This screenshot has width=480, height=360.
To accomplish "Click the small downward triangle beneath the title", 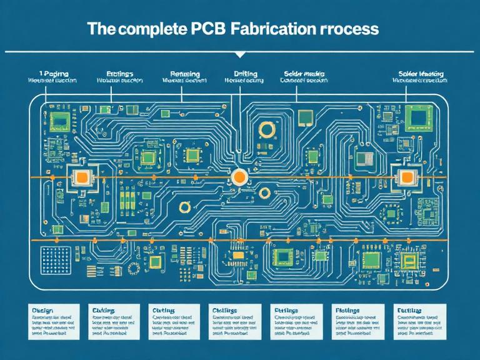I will click(x=240, y=55).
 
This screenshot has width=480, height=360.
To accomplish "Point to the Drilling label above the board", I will click(x=244, y=73).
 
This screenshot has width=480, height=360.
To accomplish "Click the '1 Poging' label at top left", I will click(x=52, y=73).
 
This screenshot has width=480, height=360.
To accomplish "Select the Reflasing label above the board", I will click(x=181, y=73).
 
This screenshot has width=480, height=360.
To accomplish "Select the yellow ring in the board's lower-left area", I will click(x=184, y=208).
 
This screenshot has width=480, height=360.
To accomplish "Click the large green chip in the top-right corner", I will click(x=417, y=116).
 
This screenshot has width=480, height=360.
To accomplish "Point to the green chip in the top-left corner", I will click(x=60, y=120).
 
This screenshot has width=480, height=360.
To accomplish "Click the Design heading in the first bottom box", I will click(x=41, y=310).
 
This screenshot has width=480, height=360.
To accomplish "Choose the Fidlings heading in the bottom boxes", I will click(x=347, y=310).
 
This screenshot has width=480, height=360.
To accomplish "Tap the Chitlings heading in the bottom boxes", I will click(x=226, y=310).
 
